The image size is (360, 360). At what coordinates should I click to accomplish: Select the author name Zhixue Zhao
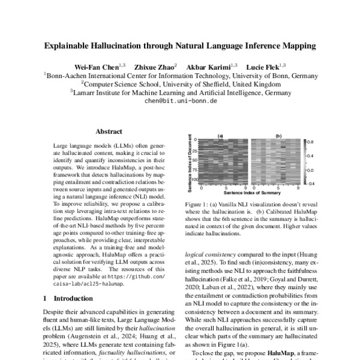(x=155, y=65)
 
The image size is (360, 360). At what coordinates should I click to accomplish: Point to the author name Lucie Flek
(x=265, y=65)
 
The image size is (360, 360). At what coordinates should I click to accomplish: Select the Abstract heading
(x=109, y=132)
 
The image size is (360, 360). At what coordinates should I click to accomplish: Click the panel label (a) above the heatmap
(x=220, y=136)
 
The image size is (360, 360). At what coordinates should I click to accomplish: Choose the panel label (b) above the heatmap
(x=278, y=136)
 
